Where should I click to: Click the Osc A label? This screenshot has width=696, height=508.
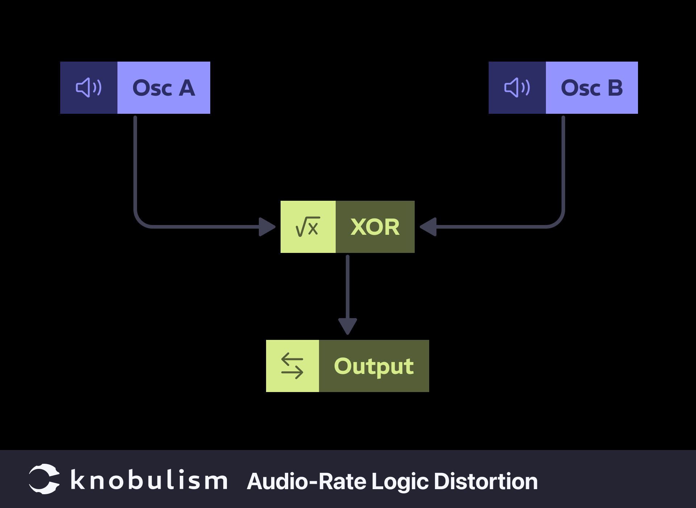(x=163, y=88)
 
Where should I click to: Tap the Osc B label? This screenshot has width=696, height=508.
(x=592, y=88)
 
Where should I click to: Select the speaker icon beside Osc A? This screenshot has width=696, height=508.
(x=88, y=88)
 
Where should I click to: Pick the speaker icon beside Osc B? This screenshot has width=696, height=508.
(x=517, y=88)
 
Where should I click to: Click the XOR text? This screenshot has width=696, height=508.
(x=375, y=227)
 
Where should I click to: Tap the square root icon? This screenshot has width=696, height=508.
(x=308, y=227)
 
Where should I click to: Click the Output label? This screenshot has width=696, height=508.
(x=374, y=366)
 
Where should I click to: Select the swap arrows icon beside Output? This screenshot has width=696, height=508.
(x=292, y=366)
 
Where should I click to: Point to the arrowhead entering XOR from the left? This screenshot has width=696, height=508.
(x=266, y=227)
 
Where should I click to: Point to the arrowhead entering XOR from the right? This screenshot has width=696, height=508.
(x=428, y=227)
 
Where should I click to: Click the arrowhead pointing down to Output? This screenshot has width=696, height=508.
(x=348, y=326)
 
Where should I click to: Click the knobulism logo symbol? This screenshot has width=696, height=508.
(x=44, y=479)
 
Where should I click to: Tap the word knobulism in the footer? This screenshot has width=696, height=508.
(x=149, y=480)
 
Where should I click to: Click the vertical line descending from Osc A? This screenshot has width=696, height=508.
(x=135, y=163)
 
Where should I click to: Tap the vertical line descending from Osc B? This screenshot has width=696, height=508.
(x=563, y=163)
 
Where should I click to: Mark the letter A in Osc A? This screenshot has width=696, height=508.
(x=187, y=88)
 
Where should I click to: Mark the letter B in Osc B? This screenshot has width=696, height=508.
(x=615, y=88)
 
